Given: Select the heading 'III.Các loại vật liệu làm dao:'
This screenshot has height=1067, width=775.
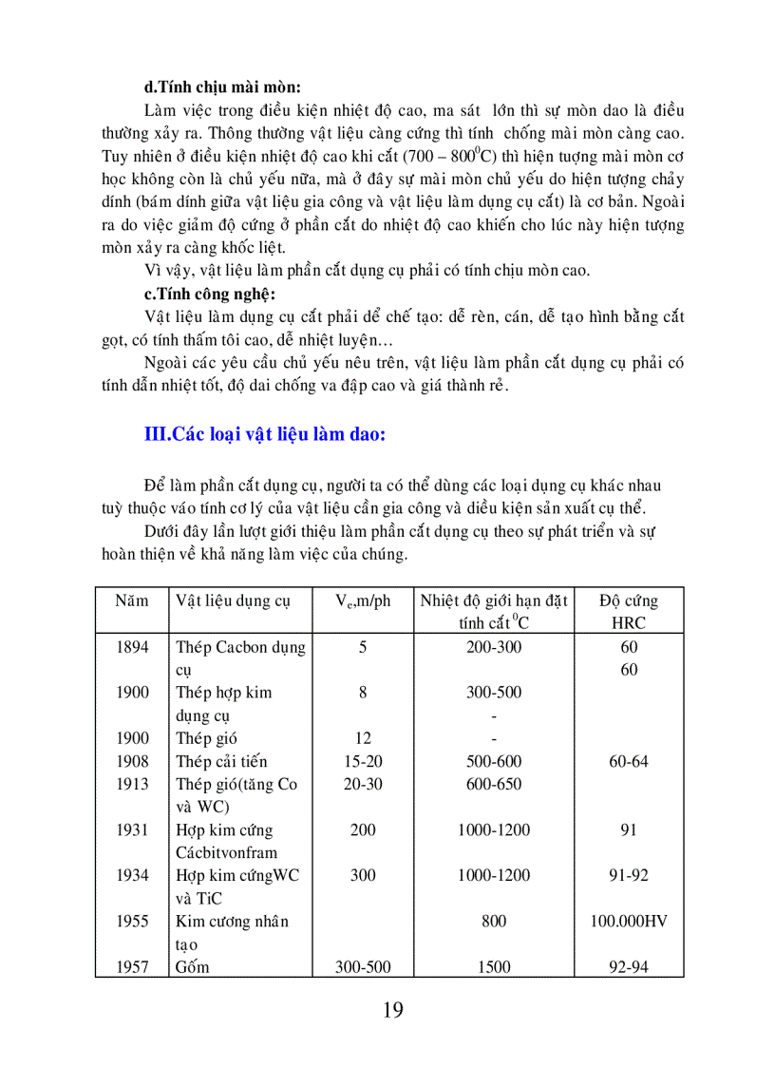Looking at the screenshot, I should [264, 435].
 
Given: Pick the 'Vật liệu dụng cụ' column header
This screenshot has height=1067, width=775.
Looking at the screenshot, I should [233, 600].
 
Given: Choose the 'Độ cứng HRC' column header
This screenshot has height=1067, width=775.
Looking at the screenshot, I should [629, 612].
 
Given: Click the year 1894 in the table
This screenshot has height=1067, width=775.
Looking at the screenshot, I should [133, 647].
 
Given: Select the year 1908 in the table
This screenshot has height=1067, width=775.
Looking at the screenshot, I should [133, 761].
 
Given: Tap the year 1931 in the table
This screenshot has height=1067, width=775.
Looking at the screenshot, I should [133, 829].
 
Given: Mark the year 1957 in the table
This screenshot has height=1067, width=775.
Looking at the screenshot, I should [133, 967].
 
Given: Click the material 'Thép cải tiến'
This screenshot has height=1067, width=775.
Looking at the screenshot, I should [221, 761].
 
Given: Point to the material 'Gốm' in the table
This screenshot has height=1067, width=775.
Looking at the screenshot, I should [193, 967].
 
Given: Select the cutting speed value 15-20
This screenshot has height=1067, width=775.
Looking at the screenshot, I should [363, 761].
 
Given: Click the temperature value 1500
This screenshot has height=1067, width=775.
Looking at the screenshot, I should [493, 967].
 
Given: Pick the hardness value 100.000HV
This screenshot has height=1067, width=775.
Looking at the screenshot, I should [629, 921].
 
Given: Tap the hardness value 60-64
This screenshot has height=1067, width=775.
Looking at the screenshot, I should [629, 761].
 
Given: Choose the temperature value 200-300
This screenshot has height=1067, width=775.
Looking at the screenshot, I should [493, 647].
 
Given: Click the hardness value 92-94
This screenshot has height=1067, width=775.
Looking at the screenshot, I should [629, 967].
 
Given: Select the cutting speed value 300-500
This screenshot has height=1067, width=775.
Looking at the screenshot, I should [363, 967].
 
